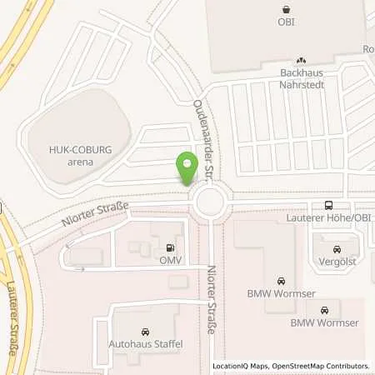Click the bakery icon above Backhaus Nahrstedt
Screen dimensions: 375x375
click(x=301, y=60)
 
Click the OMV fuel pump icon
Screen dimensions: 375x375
click(x=171, y=247)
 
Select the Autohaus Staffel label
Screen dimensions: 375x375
click(x=146, y=342)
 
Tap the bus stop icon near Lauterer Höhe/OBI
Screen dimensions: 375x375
click(x=327, y=205)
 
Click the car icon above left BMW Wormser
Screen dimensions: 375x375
click(x=280, y=280)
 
